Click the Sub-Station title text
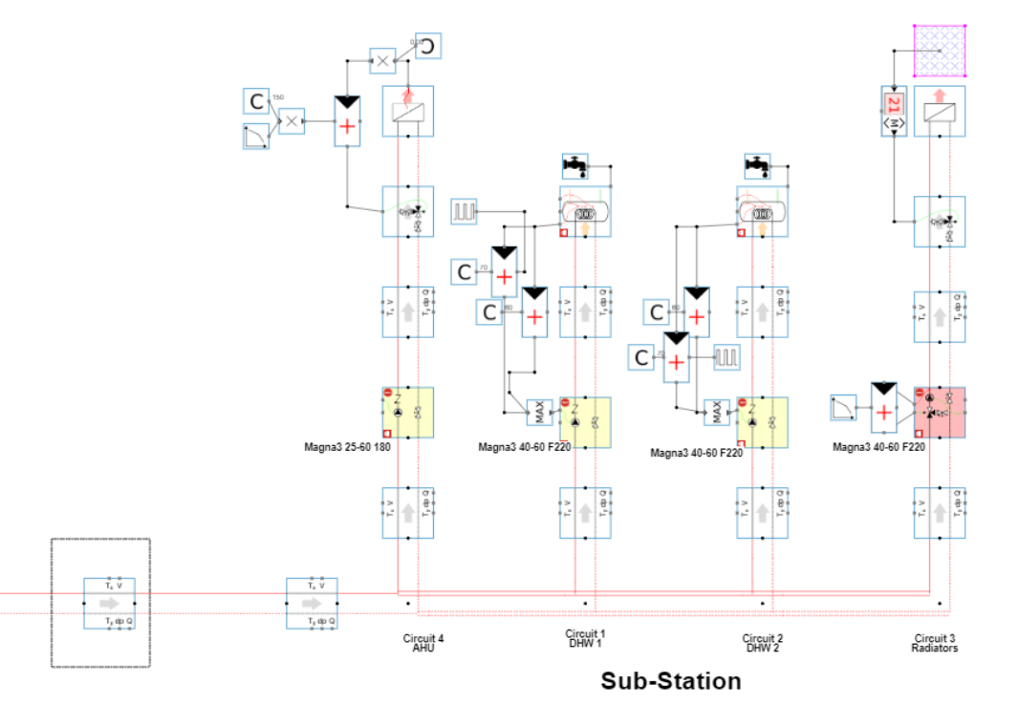(x=671, y=681)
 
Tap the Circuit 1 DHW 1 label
(x=584, y=638)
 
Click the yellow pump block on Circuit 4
(x=408, y=412)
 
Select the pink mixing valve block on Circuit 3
(x=940, y=412)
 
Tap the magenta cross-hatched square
(x=940, y=50)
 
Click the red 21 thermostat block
(x=893, y=110)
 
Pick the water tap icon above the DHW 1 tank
(x=575, y=166)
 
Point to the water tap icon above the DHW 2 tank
(x=758, y=166)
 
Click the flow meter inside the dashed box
(x=110, y=604)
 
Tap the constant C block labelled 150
(x=256, y=101)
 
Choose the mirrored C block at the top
(x=429, y=45)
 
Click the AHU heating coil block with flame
(x=408, y=112)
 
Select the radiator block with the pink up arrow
(x=940, y=112)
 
